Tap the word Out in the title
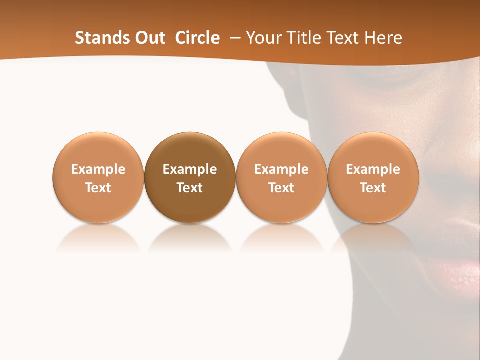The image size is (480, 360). (148, 38)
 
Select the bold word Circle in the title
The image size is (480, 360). (197, 38)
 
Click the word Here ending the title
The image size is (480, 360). (383, 38)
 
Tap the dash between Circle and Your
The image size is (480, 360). (233, 38)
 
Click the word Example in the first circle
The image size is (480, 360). (98, 169)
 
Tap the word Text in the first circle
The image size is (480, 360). (98, 188)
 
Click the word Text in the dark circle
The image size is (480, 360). (190, 188)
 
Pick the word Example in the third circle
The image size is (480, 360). (281, 169)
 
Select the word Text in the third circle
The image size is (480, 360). (281, 188)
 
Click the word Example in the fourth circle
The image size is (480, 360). (373, 169)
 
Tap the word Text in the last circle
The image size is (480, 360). (373, 188)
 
